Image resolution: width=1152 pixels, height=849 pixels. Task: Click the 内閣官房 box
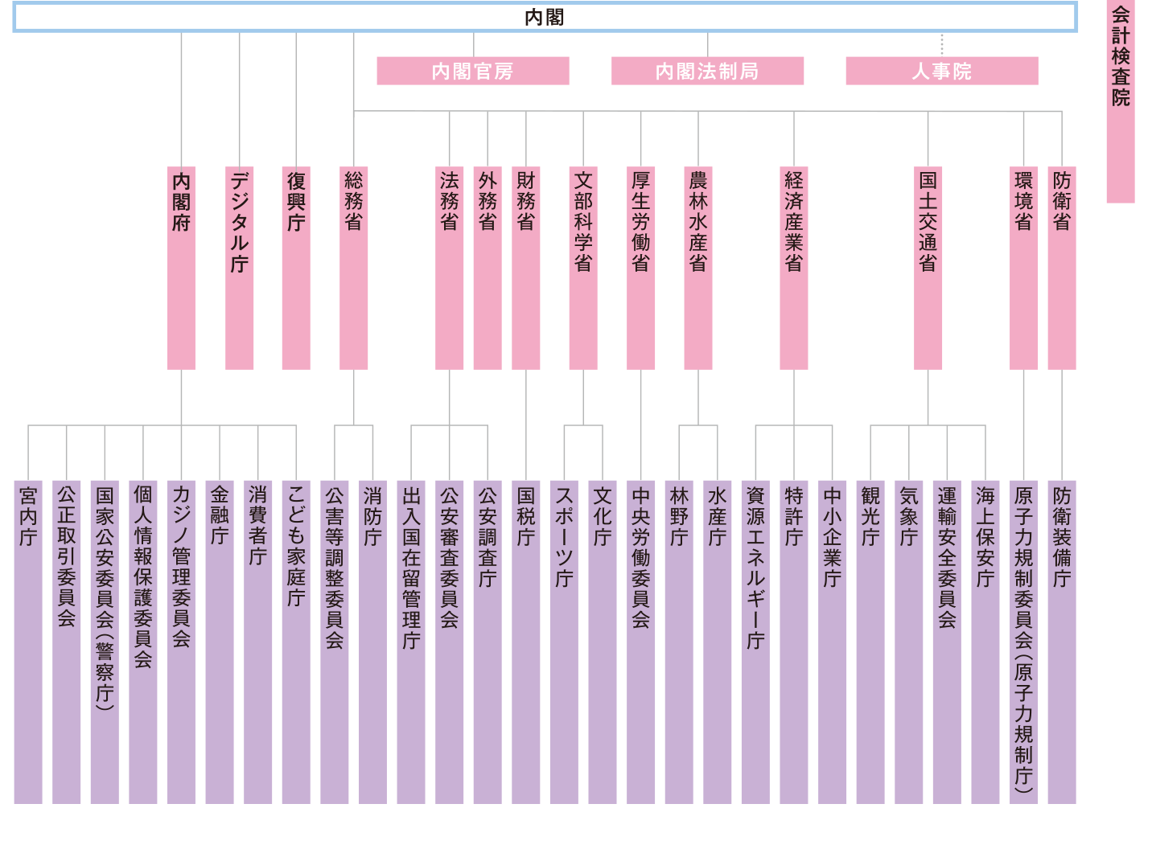tap(472, 71)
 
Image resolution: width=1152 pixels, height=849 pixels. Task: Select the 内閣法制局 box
tap(707, 71)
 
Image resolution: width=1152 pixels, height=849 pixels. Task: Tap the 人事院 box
tap(941, 71)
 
